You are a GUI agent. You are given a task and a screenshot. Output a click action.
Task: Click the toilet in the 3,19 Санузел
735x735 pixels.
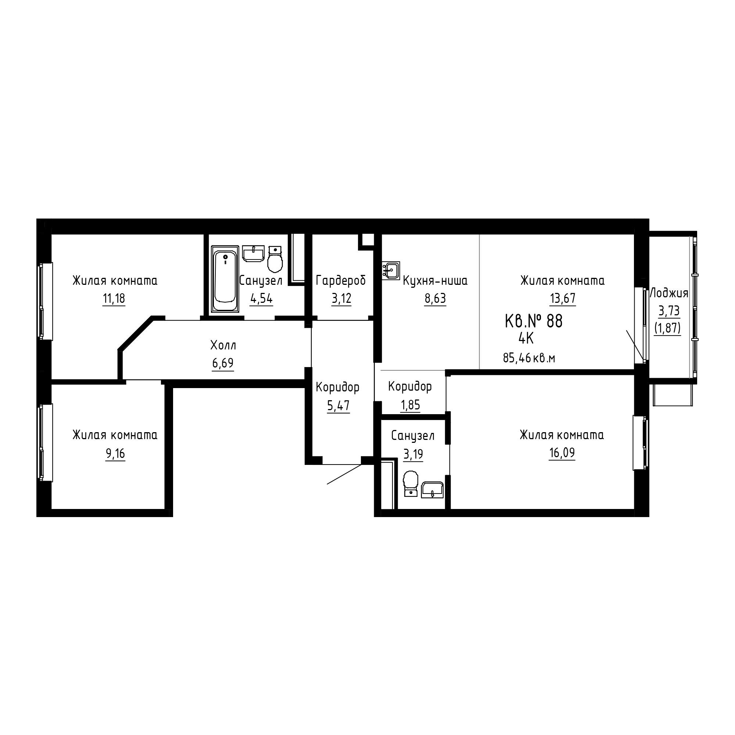[411, 484]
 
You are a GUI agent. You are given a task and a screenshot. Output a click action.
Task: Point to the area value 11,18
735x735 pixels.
[114, 299]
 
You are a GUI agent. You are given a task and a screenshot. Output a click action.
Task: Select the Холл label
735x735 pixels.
[223, 345]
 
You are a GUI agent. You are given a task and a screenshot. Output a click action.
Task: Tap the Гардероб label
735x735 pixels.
[341, 281]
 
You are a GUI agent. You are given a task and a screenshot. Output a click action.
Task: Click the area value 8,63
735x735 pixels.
[435, 299]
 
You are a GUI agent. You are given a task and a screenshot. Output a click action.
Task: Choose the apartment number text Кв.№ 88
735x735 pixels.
[533, 321]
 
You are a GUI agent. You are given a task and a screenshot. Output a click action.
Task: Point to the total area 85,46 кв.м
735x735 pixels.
[529, 358]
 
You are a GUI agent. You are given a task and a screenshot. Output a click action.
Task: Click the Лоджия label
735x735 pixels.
[669, 293]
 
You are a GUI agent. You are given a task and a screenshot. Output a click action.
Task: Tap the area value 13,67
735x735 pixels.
[563, 299]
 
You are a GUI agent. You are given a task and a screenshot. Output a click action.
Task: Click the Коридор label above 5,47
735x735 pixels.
[337, 388]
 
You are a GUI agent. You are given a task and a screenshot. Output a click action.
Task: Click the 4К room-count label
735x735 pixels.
[526, 338]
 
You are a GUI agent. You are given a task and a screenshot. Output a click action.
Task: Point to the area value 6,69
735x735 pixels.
[223, 363]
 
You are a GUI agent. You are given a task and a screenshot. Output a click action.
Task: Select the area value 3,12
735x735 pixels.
[341, 299]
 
